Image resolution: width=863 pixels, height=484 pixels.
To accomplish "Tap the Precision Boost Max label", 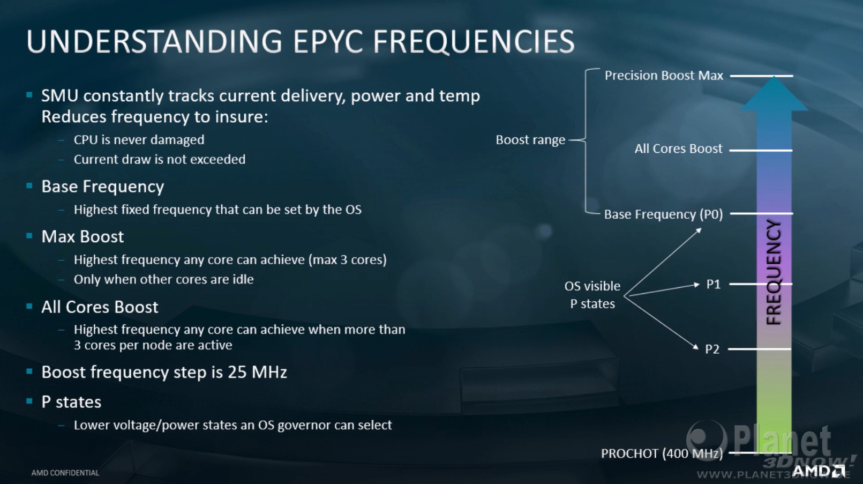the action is click(x=664, y=76).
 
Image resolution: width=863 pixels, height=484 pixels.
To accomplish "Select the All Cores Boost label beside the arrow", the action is click(x=679, y=149).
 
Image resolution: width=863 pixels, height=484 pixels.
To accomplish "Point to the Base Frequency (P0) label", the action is click(x=663, y=214).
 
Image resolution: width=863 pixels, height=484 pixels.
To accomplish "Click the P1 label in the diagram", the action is click(x=713, y=285).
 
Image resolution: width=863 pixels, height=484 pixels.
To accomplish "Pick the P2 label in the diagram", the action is click(x=712, y=349).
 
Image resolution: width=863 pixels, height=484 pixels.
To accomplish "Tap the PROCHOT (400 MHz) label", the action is click(x=662, y=453).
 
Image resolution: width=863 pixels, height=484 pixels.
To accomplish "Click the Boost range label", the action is click(x=530, y=140).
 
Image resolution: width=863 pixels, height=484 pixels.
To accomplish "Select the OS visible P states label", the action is click(x=592, y=295).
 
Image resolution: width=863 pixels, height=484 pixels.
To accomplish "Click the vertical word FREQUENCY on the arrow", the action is click(x=774, y=272).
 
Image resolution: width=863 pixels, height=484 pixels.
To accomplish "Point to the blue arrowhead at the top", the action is click(x=774, y=94).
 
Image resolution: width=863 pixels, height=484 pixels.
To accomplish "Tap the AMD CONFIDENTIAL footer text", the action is click(x=65, y=473).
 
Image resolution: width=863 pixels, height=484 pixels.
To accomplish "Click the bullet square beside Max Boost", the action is click(x=29, y=236).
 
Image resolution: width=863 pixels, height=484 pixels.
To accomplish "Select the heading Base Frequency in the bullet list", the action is click(x=102, y=187).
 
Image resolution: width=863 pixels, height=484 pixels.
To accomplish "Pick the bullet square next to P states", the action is click(x=29, y=401).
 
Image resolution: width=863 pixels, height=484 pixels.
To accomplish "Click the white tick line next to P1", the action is click(x=761, y=284).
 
